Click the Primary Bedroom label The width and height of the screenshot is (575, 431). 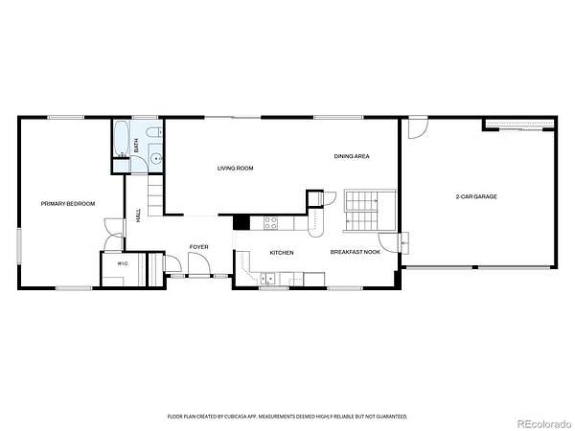tap(68, 204)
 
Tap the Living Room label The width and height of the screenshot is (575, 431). tap(236, 169)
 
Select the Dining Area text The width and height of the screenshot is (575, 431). tap(352, 156)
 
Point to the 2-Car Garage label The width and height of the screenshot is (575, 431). tap(476, 196)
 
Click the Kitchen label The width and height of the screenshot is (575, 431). tap(282, 253)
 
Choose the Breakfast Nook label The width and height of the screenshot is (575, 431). tap(356, 252)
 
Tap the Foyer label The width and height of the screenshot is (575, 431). tap(198, 247)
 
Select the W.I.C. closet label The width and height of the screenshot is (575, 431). tap(123, 263)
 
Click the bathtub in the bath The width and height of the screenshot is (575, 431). tap(121, 139)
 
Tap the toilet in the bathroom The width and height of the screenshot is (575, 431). tap(153, 131)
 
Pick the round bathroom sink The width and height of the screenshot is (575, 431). tap(156, 158)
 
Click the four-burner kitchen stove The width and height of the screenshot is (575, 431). tap(271, 223)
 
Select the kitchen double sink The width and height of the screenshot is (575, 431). tap(267, 280)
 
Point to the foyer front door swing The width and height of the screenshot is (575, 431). tap(198, 263)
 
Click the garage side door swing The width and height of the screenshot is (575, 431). tap(419, 128)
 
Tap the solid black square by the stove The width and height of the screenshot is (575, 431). tap(241, 223)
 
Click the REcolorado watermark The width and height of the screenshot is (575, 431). tap(543, 423)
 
